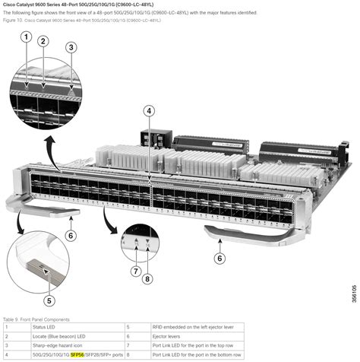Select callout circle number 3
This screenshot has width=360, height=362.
(x=71, y=46)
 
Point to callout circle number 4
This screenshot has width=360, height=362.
(x=150, y=111)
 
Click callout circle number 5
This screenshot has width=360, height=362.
(x=49, y=287)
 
